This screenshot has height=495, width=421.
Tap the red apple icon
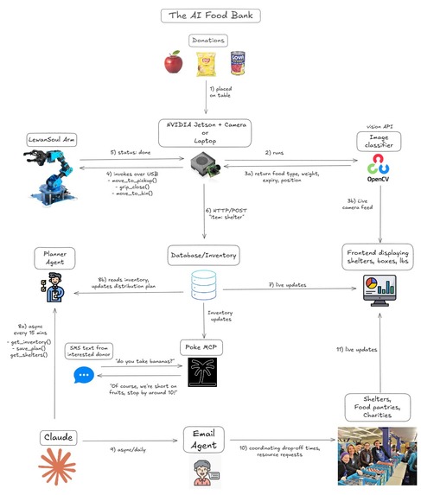[174, 61]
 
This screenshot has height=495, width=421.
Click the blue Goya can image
[238, 63]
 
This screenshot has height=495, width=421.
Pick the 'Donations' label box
[207, 40]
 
